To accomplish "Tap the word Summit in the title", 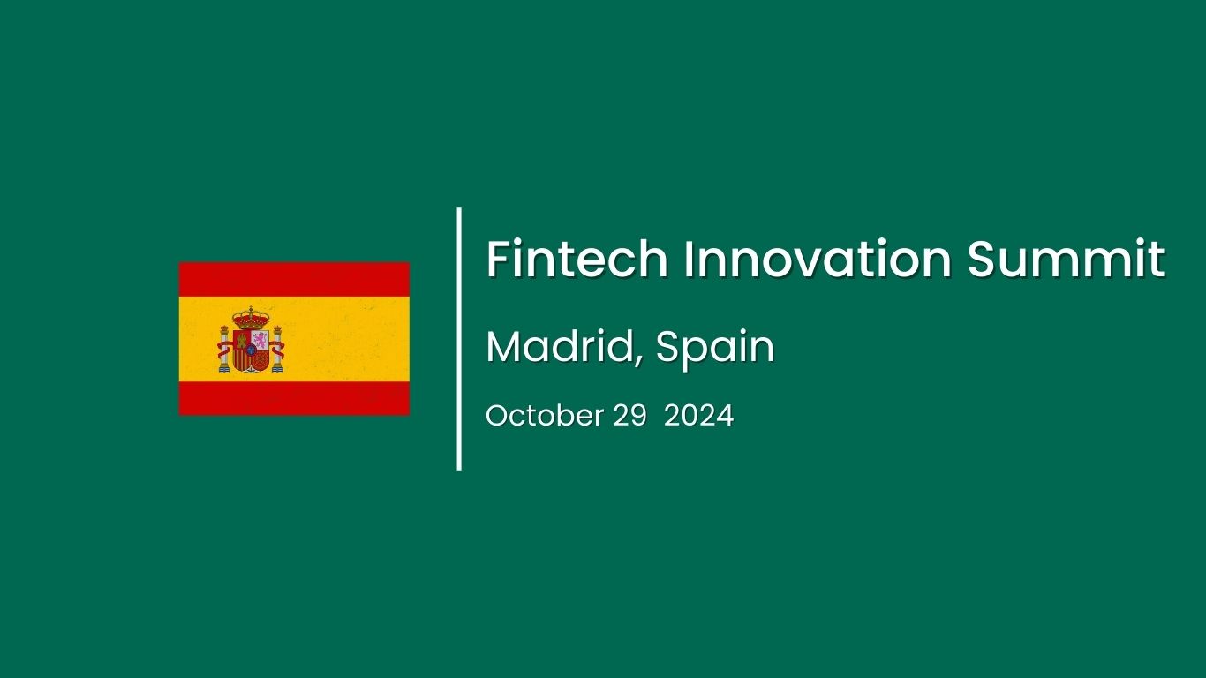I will point(1066,260).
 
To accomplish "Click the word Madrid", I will point(558,347).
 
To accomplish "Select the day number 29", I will point(629,416).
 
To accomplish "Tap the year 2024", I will point(698,416).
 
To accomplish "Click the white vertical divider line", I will point(459,339).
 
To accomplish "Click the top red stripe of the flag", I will point(294,278).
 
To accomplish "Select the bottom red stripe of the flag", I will point(294,398).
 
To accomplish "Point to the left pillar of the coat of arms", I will point(224,350).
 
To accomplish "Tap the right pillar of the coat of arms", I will point(277,350).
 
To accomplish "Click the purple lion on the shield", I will point(260,339).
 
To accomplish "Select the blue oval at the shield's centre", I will point(251,350).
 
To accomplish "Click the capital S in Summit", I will point(984,260).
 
